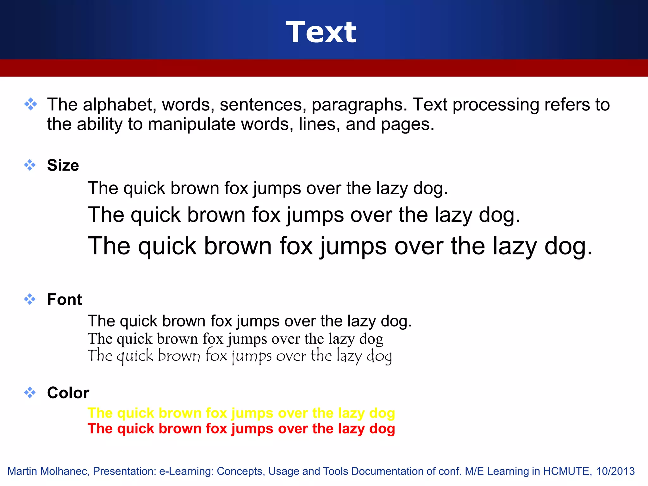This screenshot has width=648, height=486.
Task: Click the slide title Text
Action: [321, 32]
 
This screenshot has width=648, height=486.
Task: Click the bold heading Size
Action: [63, 165]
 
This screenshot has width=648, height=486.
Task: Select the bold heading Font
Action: [65, 299]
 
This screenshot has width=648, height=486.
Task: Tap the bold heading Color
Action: [68, 393]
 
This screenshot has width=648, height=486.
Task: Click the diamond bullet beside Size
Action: [30, 165]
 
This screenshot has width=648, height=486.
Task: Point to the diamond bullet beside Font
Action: [30, 299]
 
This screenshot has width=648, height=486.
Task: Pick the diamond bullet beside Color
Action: [30, 393]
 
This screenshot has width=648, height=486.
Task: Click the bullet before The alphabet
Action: [30, 104]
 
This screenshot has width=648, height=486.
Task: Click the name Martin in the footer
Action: [22, 471]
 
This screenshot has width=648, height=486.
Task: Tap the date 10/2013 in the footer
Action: [615, 471]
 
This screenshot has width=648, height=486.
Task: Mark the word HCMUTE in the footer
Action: [566, 471]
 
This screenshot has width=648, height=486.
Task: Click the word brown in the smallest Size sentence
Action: [195, 189]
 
